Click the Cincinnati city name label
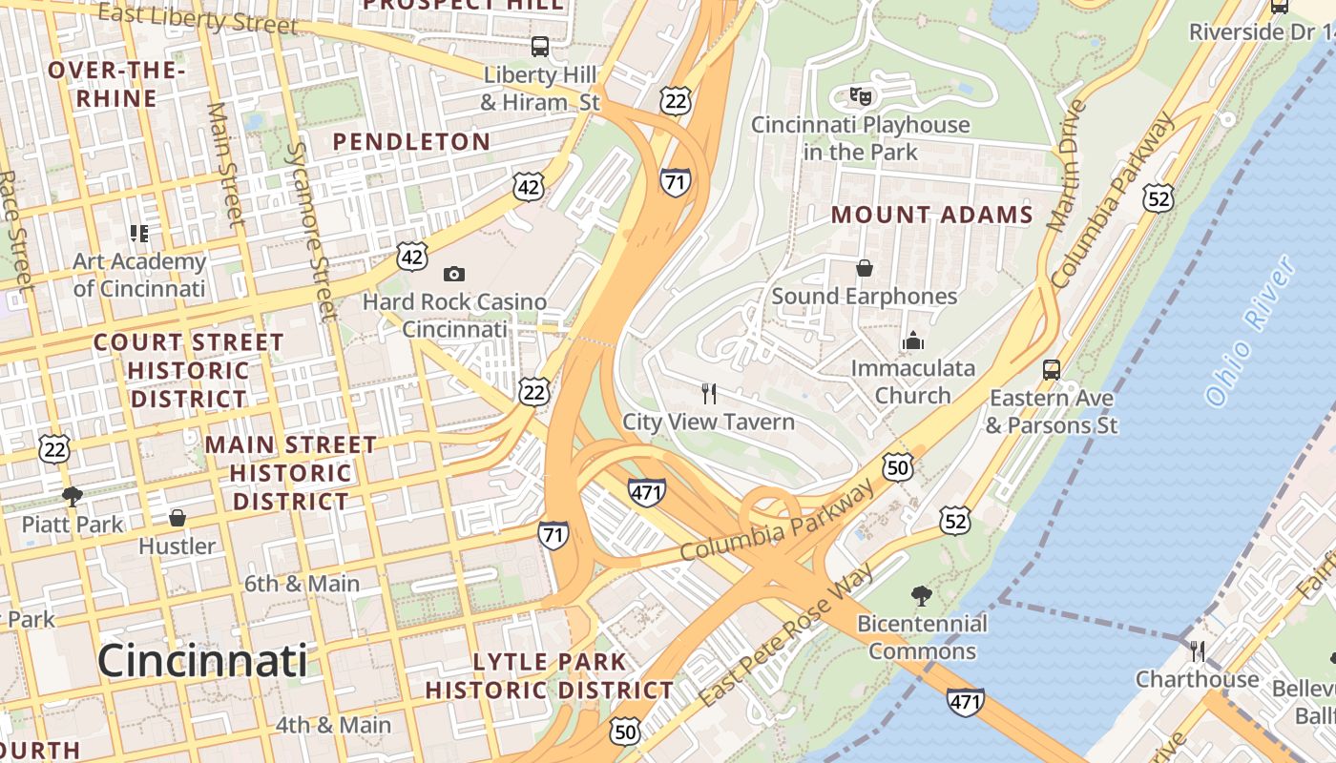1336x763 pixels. [x=202, y=660]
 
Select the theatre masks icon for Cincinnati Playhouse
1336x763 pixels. [x=861, y=95]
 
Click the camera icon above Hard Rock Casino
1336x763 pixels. [x=454, y=274]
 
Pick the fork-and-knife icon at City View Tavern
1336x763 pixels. [x=709, y=393]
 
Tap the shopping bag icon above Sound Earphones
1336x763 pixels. [x=865, y=268]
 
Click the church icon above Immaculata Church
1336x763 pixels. [x=913, y=340]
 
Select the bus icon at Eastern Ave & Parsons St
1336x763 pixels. [x=1052, y=369]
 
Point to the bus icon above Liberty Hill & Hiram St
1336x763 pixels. [x=540, y=46]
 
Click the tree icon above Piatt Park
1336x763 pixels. [x=72, y=496]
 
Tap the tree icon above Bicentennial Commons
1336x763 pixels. [x=921, y=596]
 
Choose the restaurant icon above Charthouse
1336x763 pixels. [x=1197, y=651]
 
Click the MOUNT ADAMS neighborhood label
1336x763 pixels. [x=931, y=215]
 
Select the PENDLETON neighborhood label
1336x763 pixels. [x=411, y=141]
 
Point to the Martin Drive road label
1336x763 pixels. [x=1067, y=168]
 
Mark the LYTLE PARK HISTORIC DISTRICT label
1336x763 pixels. [x=550, y=675]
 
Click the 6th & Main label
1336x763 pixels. [x=302, y=584]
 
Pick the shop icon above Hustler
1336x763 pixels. [x=177, y=518]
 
